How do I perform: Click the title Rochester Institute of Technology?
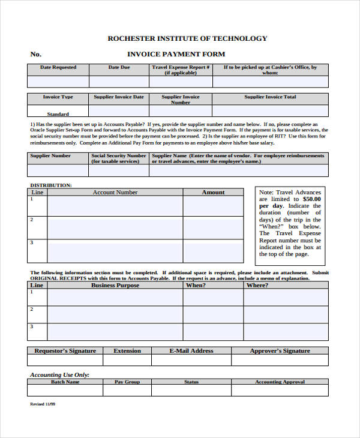(x=187, y=38)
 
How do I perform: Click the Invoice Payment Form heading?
(x=176, y=54)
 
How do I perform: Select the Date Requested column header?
(x=58, y=68)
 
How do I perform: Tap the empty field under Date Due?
(x=119, y=82)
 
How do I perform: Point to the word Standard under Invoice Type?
(x=58, y=114)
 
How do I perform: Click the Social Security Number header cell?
(x=119, y=158)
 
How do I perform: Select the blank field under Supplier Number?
(x=58, y=170)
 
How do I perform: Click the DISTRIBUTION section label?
(x=51, y=185)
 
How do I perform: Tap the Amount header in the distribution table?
(x=213, y=193)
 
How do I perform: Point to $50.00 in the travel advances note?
(x=311, y=199)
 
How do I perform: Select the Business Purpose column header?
(x=115, y=286)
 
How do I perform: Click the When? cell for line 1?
(x=213, y=297)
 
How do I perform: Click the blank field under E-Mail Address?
(x=191, y=360)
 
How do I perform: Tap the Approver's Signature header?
(x=280, y=351)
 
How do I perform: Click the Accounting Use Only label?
(x=59, y=374)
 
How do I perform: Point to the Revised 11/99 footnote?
(x=43, y=404)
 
